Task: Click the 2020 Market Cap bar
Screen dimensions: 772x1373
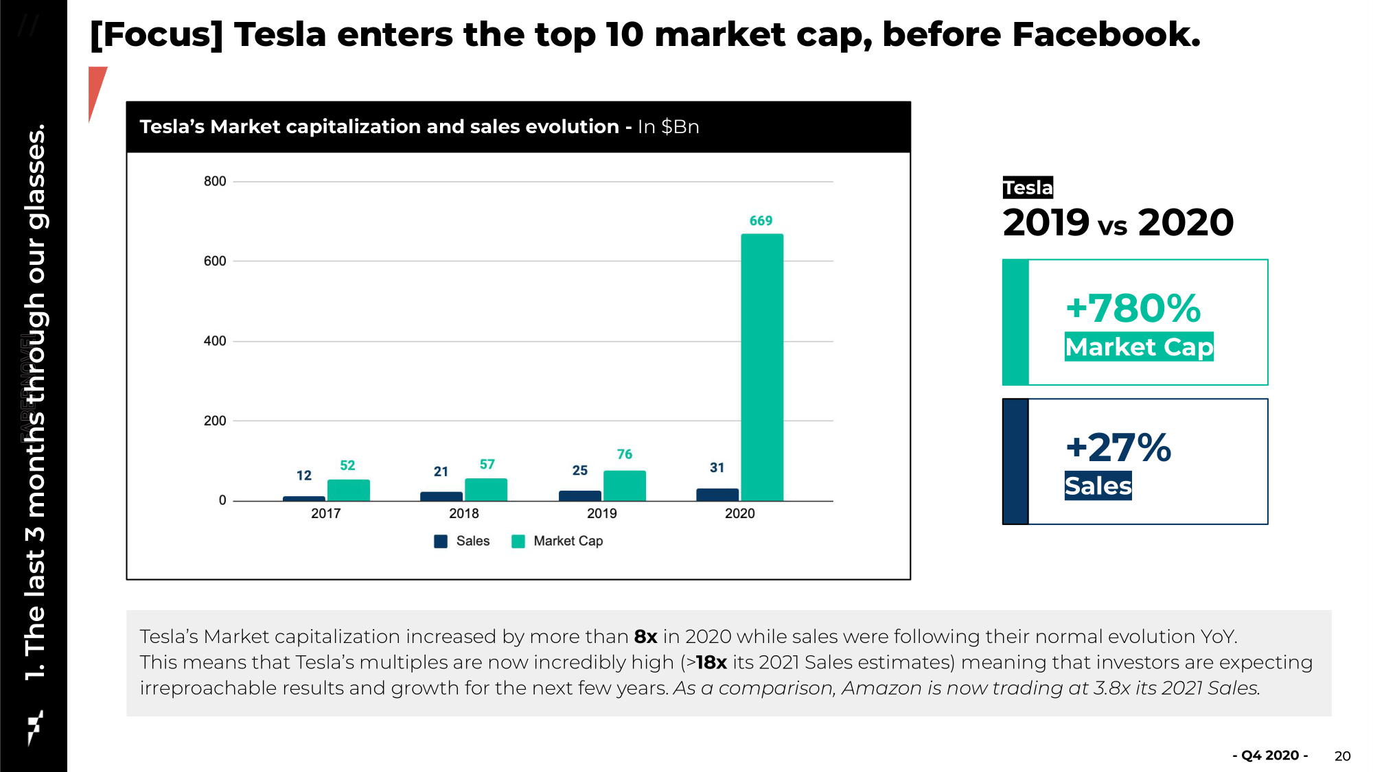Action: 762,367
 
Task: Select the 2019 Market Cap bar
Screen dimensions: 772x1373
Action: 624,486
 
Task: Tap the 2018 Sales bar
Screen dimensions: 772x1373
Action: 441,496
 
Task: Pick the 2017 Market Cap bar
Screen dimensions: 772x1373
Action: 348,490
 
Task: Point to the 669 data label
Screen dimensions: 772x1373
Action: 761,221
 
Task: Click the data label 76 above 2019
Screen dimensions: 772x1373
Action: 625,454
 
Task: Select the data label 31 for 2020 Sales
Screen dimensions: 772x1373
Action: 717,467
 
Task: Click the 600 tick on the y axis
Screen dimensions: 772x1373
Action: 215,261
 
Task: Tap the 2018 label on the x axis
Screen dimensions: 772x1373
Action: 463,513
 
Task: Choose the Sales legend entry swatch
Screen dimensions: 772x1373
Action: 441,541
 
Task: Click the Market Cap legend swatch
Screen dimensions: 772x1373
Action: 518,541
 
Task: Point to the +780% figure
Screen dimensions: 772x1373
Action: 1133,308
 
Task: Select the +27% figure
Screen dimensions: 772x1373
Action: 1118,448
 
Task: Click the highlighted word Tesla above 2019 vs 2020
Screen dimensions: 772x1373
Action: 1028,187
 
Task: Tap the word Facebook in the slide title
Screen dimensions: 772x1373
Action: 1105,34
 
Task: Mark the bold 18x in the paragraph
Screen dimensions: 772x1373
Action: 711,662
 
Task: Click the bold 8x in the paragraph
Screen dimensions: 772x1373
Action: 645,637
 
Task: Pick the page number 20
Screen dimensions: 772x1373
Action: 1342,756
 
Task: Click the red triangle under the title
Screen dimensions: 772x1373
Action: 96,89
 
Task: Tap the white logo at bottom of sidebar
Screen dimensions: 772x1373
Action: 34,727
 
